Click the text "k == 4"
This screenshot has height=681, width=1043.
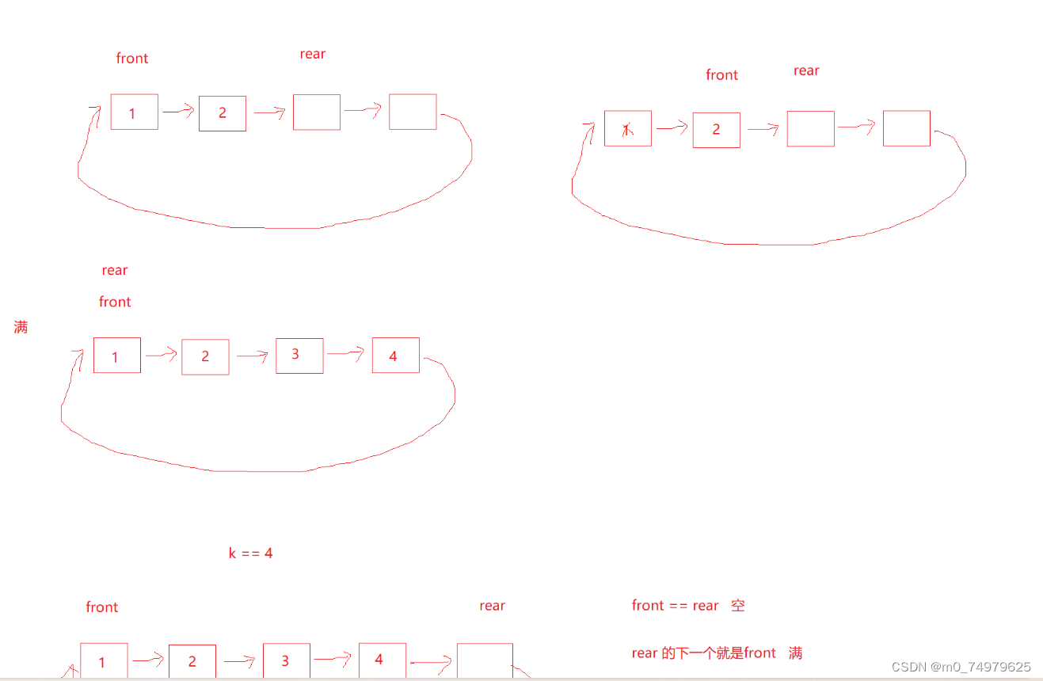click(x=250, y=553)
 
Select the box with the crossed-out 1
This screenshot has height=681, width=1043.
click(x=627, y=129)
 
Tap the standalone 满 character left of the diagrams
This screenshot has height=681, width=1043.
click(x=21, y=327)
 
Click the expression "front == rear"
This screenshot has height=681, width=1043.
click(x=675, y=606)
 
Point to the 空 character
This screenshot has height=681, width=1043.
click(x=738, y=606)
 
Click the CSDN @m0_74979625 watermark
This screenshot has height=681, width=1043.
click(x=961, y=667)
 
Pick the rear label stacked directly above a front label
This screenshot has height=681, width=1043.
click(x=115, y=270)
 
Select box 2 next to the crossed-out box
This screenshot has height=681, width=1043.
click(x=716, y=130)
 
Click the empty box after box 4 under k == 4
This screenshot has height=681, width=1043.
click(x=485, y=660)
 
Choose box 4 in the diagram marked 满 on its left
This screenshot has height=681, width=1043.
click(x=395, y=356)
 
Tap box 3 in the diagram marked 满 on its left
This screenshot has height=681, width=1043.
click(x=299, y=355)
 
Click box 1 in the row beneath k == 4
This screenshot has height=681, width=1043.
click(x=104, y=661)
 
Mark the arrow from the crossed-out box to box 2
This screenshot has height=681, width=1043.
click(x=672, y=127)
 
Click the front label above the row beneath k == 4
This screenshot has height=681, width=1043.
click(x=101, y=607)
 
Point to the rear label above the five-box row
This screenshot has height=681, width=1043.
click(x=492, y=606)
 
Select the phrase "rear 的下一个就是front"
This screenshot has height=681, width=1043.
click(x=703, y=653)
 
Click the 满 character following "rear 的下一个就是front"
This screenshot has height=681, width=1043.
click(x=795, y=653)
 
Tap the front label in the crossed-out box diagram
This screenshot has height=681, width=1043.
click(x=721, y=75)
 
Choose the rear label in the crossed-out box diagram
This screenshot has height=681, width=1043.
click(x=806, y=70)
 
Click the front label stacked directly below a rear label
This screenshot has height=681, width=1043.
click(x=115, y=302)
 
